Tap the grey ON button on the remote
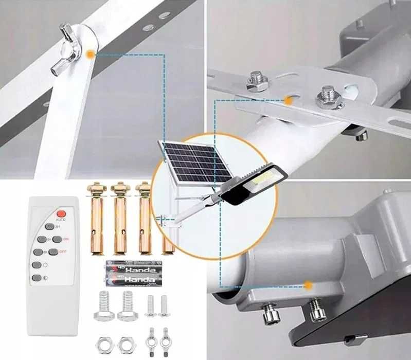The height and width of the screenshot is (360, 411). tap(57, 239)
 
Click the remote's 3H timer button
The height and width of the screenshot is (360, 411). tap(49, 226)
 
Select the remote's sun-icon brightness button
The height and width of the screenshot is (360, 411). tap(37, 265)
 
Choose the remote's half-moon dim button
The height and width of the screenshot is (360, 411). tap(37, 278)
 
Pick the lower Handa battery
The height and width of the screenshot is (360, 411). tap(131, 279)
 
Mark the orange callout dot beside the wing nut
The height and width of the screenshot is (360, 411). tap(91, 53)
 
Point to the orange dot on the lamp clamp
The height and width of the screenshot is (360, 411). tap(308, 284)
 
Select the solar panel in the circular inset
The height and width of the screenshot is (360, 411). tap(194, 163)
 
